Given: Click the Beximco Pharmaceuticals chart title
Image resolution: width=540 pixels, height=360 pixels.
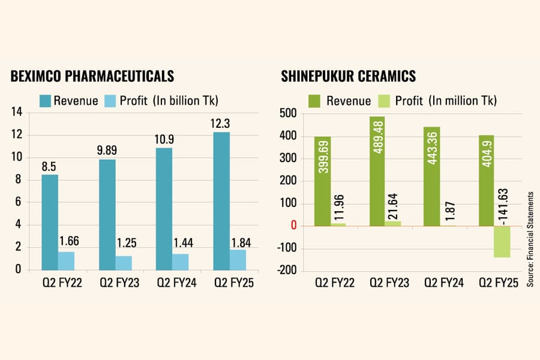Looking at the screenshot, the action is tap(92, 76).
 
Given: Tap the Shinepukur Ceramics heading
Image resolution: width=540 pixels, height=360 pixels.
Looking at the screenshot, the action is tap(348, 76).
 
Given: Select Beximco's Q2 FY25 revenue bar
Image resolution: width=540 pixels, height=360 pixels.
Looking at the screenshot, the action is tap(221, 201).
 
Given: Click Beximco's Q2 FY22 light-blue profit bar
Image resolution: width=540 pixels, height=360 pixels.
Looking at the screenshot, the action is tap(66, 261).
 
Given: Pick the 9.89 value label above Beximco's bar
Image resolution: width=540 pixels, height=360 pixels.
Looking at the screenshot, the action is tap(107, 151).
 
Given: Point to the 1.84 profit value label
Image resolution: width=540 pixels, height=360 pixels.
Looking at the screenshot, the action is tap(241, 243).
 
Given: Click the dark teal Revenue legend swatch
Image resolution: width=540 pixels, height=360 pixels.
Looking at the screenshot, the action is tap(45, 101).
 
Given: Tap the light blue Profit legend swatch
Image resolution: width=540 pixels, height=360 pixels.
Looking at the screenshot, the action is tap(110, 101).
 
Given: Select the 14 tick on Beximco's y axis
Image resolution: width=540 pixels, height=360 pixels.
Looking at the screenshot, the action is tap(17, 112).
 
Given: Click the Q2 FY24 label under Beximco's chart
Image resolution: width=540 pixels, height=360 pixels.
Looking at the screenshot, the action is tap(176, 283).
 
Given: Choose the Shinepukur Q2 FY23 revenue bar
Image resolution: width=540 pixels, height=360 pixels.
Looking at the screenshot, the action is tap(377, 171).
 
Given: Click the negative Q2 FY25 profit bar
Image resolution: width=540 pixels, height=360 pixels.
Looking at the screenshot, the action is tap(502, 242).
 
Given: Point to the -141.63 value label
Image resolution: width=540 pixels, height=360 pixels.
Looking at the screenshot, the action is tap(503, 206).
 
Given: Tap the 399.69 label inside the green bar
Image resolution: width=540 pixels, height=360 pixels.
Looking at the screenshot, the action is tap(324, 157).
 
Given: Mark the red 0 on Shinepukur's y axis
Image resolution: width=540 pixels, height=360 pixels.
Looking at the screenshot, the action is tap(294, 226).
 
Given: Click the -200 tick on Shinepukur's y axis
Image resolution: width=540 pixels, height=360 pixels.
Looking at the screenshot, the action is tap(287, 271).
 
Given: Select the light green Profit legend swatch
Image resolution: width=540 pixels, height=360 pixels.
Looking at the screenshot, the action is tap(384, 101).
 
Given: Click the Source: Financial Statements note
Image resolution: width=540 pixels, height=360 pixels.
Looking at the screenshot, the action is tap(530, 239).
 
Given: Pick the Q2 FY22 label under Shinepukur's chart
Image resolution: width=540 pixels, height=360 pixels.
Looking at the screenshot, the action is tap(335, 283).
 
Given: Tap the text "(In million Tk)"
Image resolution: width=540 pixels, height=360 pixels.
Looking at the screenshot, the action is tap(463, 101).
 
